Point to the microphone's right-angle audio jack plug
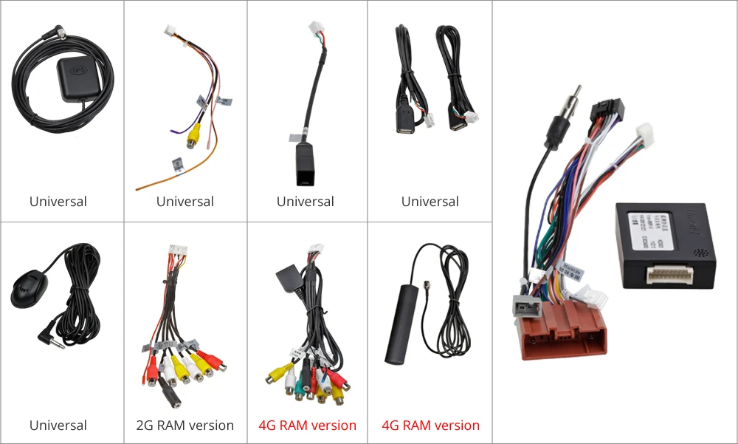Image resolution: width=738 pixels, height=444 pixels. pos(48,338)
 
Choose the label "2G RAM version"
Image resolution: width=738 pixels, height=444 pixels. pos(185,426)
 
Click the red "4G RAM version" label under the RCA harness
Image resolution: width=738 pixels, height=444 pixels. pos(307,426)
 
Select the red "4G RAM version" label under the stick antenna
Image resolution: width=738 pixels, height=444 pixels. pos(430,426)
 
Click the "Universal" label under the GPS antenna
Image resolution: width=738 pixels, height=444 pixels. pos(58,202)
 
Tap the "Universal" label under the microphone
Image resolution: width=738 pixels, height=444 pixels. pos(58,426)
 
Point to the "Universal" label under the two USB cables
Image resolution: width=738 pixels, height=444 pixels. pos(430,202)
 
